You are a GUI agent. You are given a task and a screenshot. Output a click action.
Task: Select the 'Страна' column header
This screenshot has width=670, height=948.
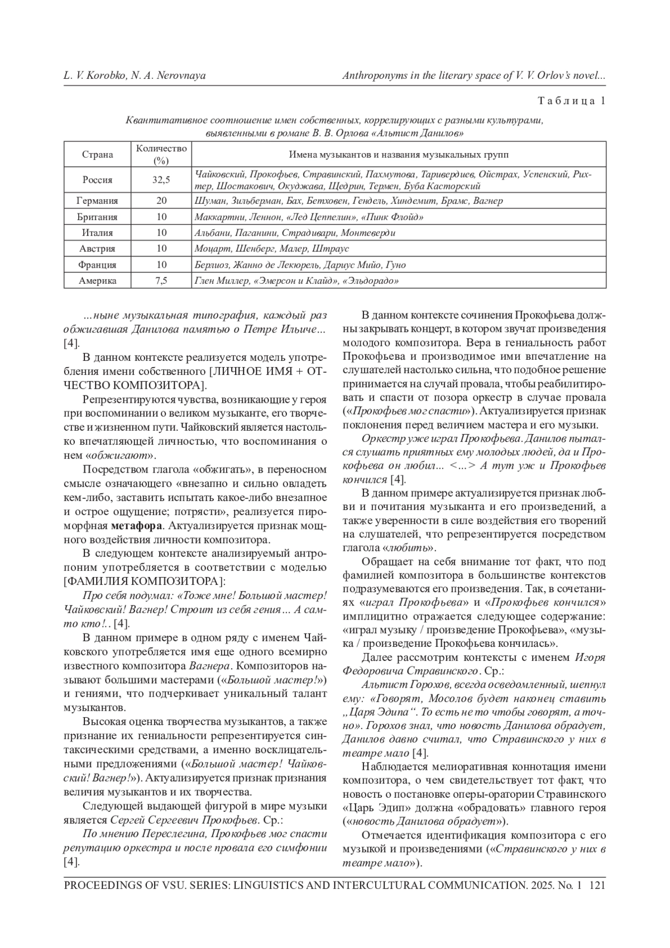pos(98,155)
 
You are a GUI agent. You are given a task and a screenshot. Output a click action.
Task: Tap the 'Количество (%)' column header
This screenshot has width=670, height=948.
pos(161,154)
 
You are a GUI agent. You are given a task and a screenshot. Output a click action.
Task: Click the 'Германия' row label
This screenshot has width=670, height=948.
pos(98,201)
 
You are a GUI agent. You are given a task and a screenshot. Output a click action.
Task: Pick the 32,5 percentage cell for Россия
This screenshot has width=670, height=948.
pos(161,180)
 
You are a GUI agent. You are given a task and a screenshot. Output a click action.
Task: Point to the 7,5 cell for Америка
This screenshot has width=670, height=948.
pos(161,281)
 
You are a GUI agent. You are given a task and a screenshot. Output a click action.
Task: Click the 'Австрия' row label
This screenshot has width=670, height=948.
pos(98,249)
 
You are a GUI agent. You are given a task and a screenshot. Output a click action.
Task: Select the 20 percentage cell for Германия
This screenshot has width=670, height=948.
pos(161,201)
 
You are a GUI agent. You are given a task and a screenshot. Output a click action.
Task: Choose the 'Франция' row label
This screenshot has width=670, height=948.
pos(98,265)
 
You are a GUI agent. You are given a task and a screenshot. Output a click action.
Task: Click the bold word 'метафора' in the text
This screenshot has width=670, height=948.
pos(137,526)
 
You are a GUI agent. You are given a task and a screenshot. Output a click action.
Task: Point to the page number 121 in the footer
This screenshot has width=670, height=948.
pos(597,885)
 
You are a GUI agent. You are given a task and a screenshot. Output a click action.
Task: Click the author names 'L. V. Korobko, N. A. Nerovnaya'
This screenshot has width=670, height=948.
pos(135,75)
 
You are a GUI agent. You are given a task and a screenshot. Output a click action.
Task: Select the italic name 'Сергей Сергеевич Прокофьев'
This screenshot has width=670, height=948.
pos(184,821)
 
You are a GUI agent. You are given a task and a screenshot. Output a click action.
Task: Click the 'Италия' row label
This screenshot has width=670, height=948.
pos(98,232)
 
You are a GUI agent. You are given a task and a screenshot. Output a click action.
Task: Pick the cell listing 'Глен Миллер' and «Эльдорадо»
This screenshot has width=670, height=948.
pos(296,281)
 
